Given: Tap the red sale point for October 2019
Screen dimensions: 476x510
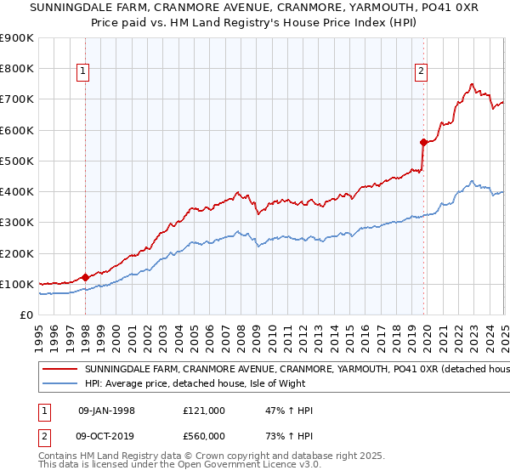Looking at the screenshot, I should pos(423,142).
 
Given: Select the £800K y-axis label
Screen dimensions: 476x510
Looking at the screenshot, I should pos(17,69).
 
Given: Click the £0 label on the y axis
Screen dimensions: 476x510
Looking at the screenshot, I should pos(26,314).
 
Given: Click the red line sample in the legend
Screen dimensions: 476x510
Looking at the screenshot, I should pos(60,370).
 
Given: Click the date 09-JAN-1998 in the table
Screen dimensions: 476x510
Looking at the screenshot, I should pos(106,411).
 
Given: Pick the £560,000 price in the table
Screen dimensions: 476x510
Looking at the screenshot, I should pos(204,436).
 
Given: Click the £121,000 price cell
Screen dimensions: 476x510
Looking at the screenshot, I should pos(204,411).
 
